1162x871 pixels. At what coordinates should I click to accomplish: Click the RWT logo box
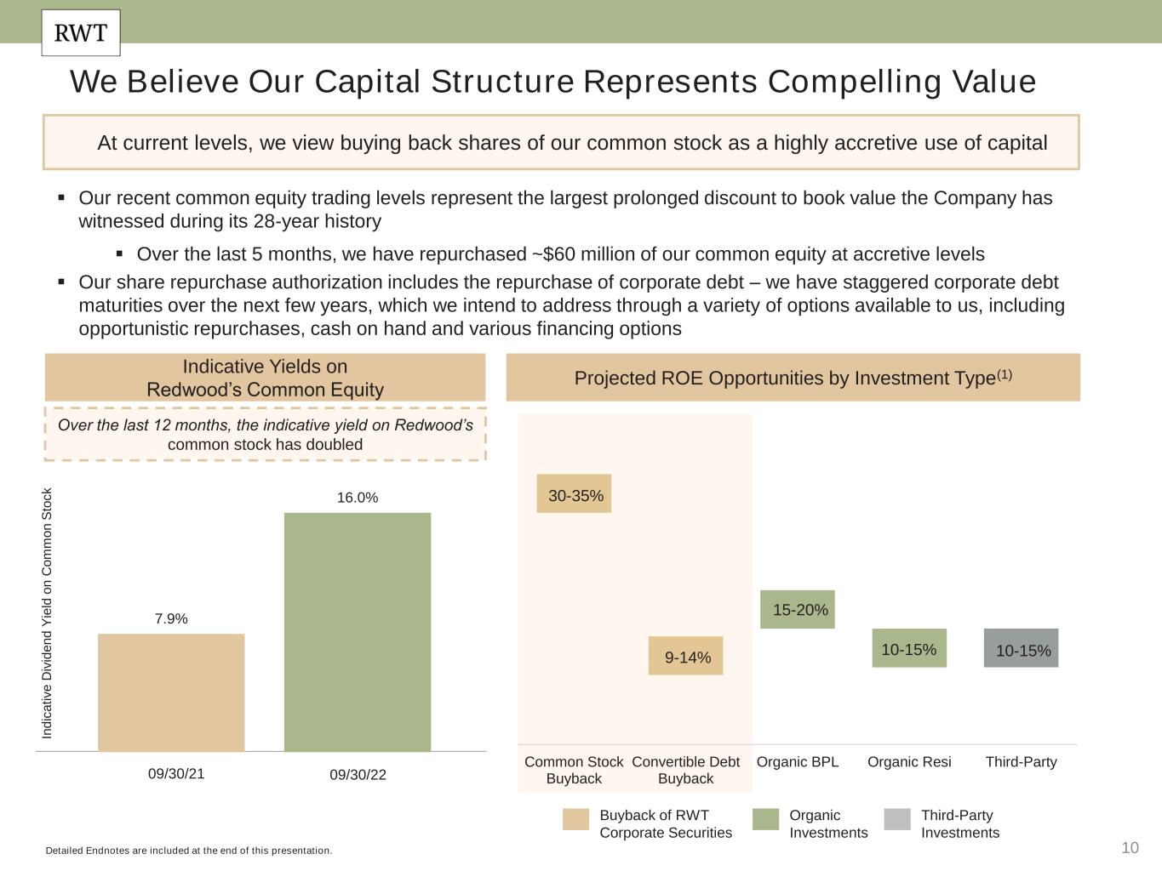point(81,33)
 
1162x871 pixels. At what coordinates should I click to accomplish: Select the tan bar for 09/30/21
point(171,692)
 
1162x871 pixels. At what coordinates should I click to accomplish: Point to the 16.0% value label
point(358,498)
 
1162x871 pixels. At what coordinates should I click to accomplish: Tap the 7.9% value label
point(171,619)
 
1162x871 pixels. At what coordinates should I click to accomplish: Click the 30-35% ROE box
point(574,494)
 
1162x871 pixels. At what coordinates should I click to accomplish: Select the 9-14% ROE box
point(686,656)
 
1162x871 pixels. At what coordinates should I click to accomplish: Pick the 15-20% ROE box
point(798,610)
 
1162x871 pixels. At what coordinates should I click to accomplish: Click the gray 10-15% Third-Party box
point(1022,649)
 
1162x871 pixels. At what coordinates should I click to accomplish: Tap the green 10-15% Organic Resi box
point(909,649)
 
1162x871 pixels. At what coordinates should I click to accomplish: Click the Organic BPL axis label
point(798,762)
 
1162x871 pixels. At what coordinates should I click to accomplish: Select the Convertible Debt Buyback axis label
point(686,770)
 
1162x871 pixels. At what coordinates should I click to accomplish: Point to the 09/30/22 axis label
point(358,775)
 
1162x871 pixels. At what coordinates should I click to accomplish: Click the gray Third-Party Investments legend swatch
point(897,819)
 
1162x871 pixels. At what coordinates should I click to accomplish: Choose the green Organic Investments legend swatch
point(765,819)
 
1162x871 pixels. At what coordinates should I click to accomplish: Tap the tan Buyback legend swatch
point(575,819)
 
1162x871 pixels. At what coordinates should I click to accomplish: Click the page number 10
point(1130,847)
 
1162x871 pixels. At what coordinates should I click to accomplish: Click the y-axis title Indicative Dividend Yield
point(48,612)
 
